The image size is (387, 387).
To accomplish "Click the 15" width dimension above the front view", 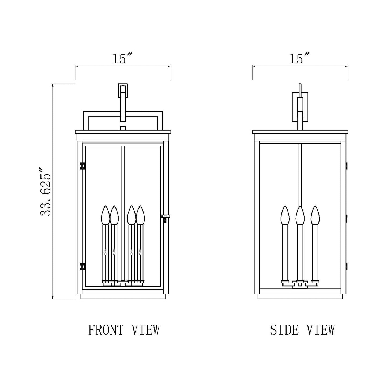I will tap(122, 59).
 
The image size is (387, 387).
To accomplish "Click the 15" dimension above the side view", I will tap(300, 59).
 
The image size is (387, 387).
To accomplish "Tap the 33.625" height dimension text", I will tap(45, 192).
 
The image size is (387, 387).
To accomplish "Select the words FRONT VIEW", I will tap(124, 330).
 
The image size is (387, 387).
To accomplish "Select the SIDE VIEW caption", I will tap(302, 330).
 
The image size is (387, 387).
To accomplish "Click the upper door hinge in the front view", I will tap(82, 166).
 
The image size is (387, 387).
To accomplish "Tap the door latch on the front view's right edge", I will tap(165, 217).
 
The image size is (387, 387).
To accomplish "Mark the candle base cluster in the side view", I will tap(300, 283).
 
